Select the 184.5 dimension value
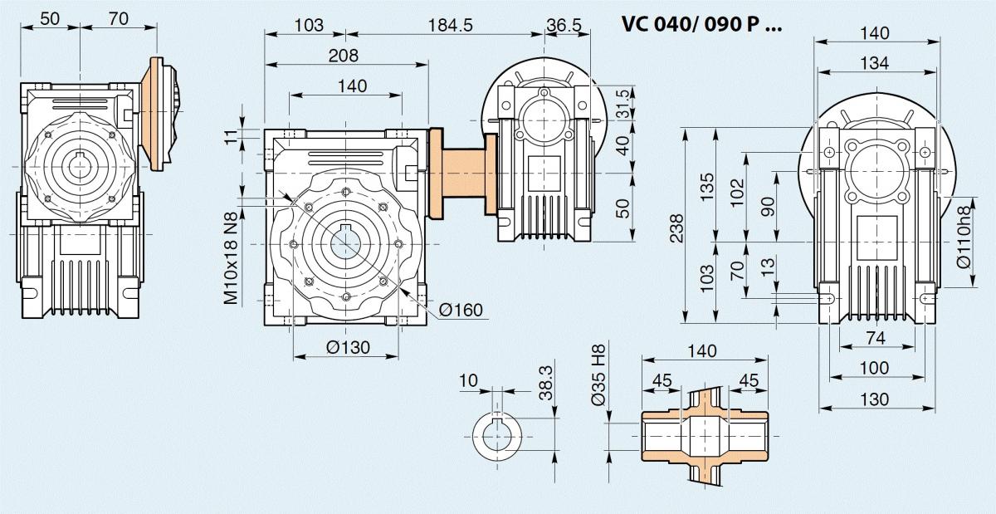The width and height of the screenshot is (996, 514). (x=451, y=25)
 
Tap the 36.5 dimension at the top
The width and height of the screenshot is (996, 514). (x=564, y=25)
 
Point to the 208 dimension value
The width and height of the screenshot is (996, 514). (x=343, y=56)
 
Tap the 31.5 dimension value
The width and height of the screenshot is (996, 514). (x=623, y=103)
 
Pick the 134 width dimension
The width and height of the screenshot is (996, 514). (x=874, y=62)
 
